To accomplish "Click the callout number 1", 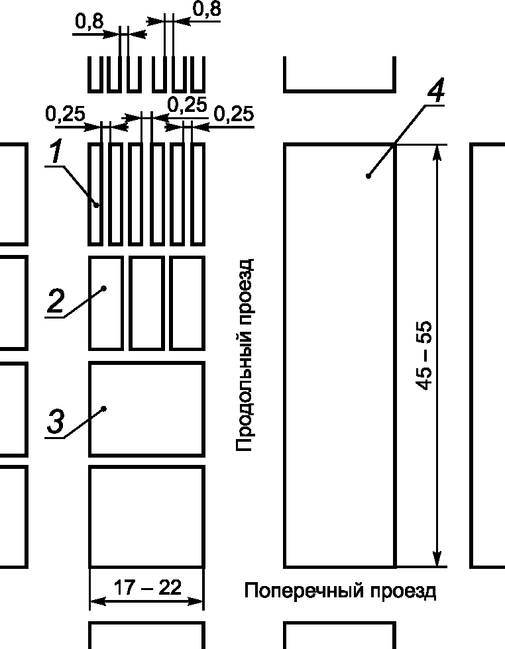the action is (56, 153).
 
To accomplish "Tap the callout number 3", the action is (56, 423).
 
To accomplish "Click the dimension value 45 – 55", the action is (425, 356).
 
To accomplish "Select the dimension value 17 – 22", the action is (147, 587).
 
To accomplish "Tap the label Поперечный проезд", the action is (341, 590).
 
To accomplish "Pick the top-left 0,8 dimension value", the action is (89, 22).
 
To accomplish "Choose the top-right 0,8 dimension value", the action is (206, 10).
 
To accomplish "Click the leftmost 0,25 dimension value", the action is (65, 115).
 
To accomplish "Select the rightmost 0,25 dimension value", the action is (234, 115).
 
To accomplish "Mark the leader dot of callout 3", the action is (105, 409).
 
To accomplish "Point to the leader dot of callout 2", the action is (105, 288).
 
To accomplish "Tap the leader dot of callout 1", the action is (97, 205).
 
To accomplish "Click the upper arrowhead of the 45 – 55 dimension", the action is (436, 152).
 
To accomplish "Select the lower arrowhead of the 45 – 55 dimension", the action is (436, 560).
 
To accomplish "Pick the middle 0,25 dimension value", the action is (187, 105).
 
